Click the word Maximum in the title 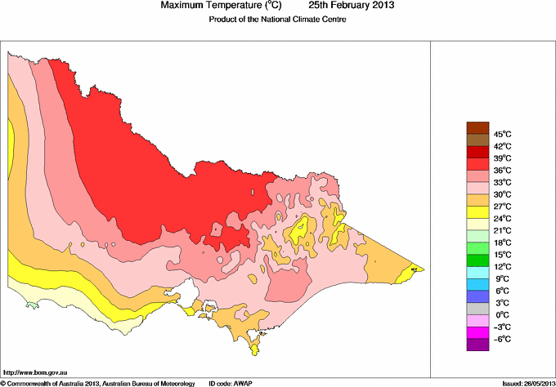[183, 6]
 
